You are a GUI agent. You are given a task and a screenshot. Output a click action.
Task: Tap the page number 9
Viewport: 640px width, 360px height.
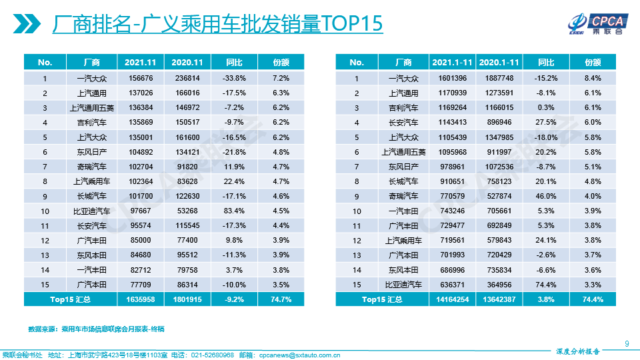[627, 343]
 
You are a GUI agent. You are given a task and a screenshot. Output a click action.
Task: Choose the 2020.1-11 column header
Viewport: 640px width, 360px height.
[499, 62]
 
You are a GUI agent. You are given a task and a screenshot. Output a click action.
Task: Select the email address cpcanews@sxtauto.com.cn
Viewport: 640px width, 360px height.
[299, 355]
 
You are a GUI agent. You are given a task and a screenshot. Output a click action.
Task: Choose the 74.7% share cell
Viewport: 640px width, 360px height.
[281, 299]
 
